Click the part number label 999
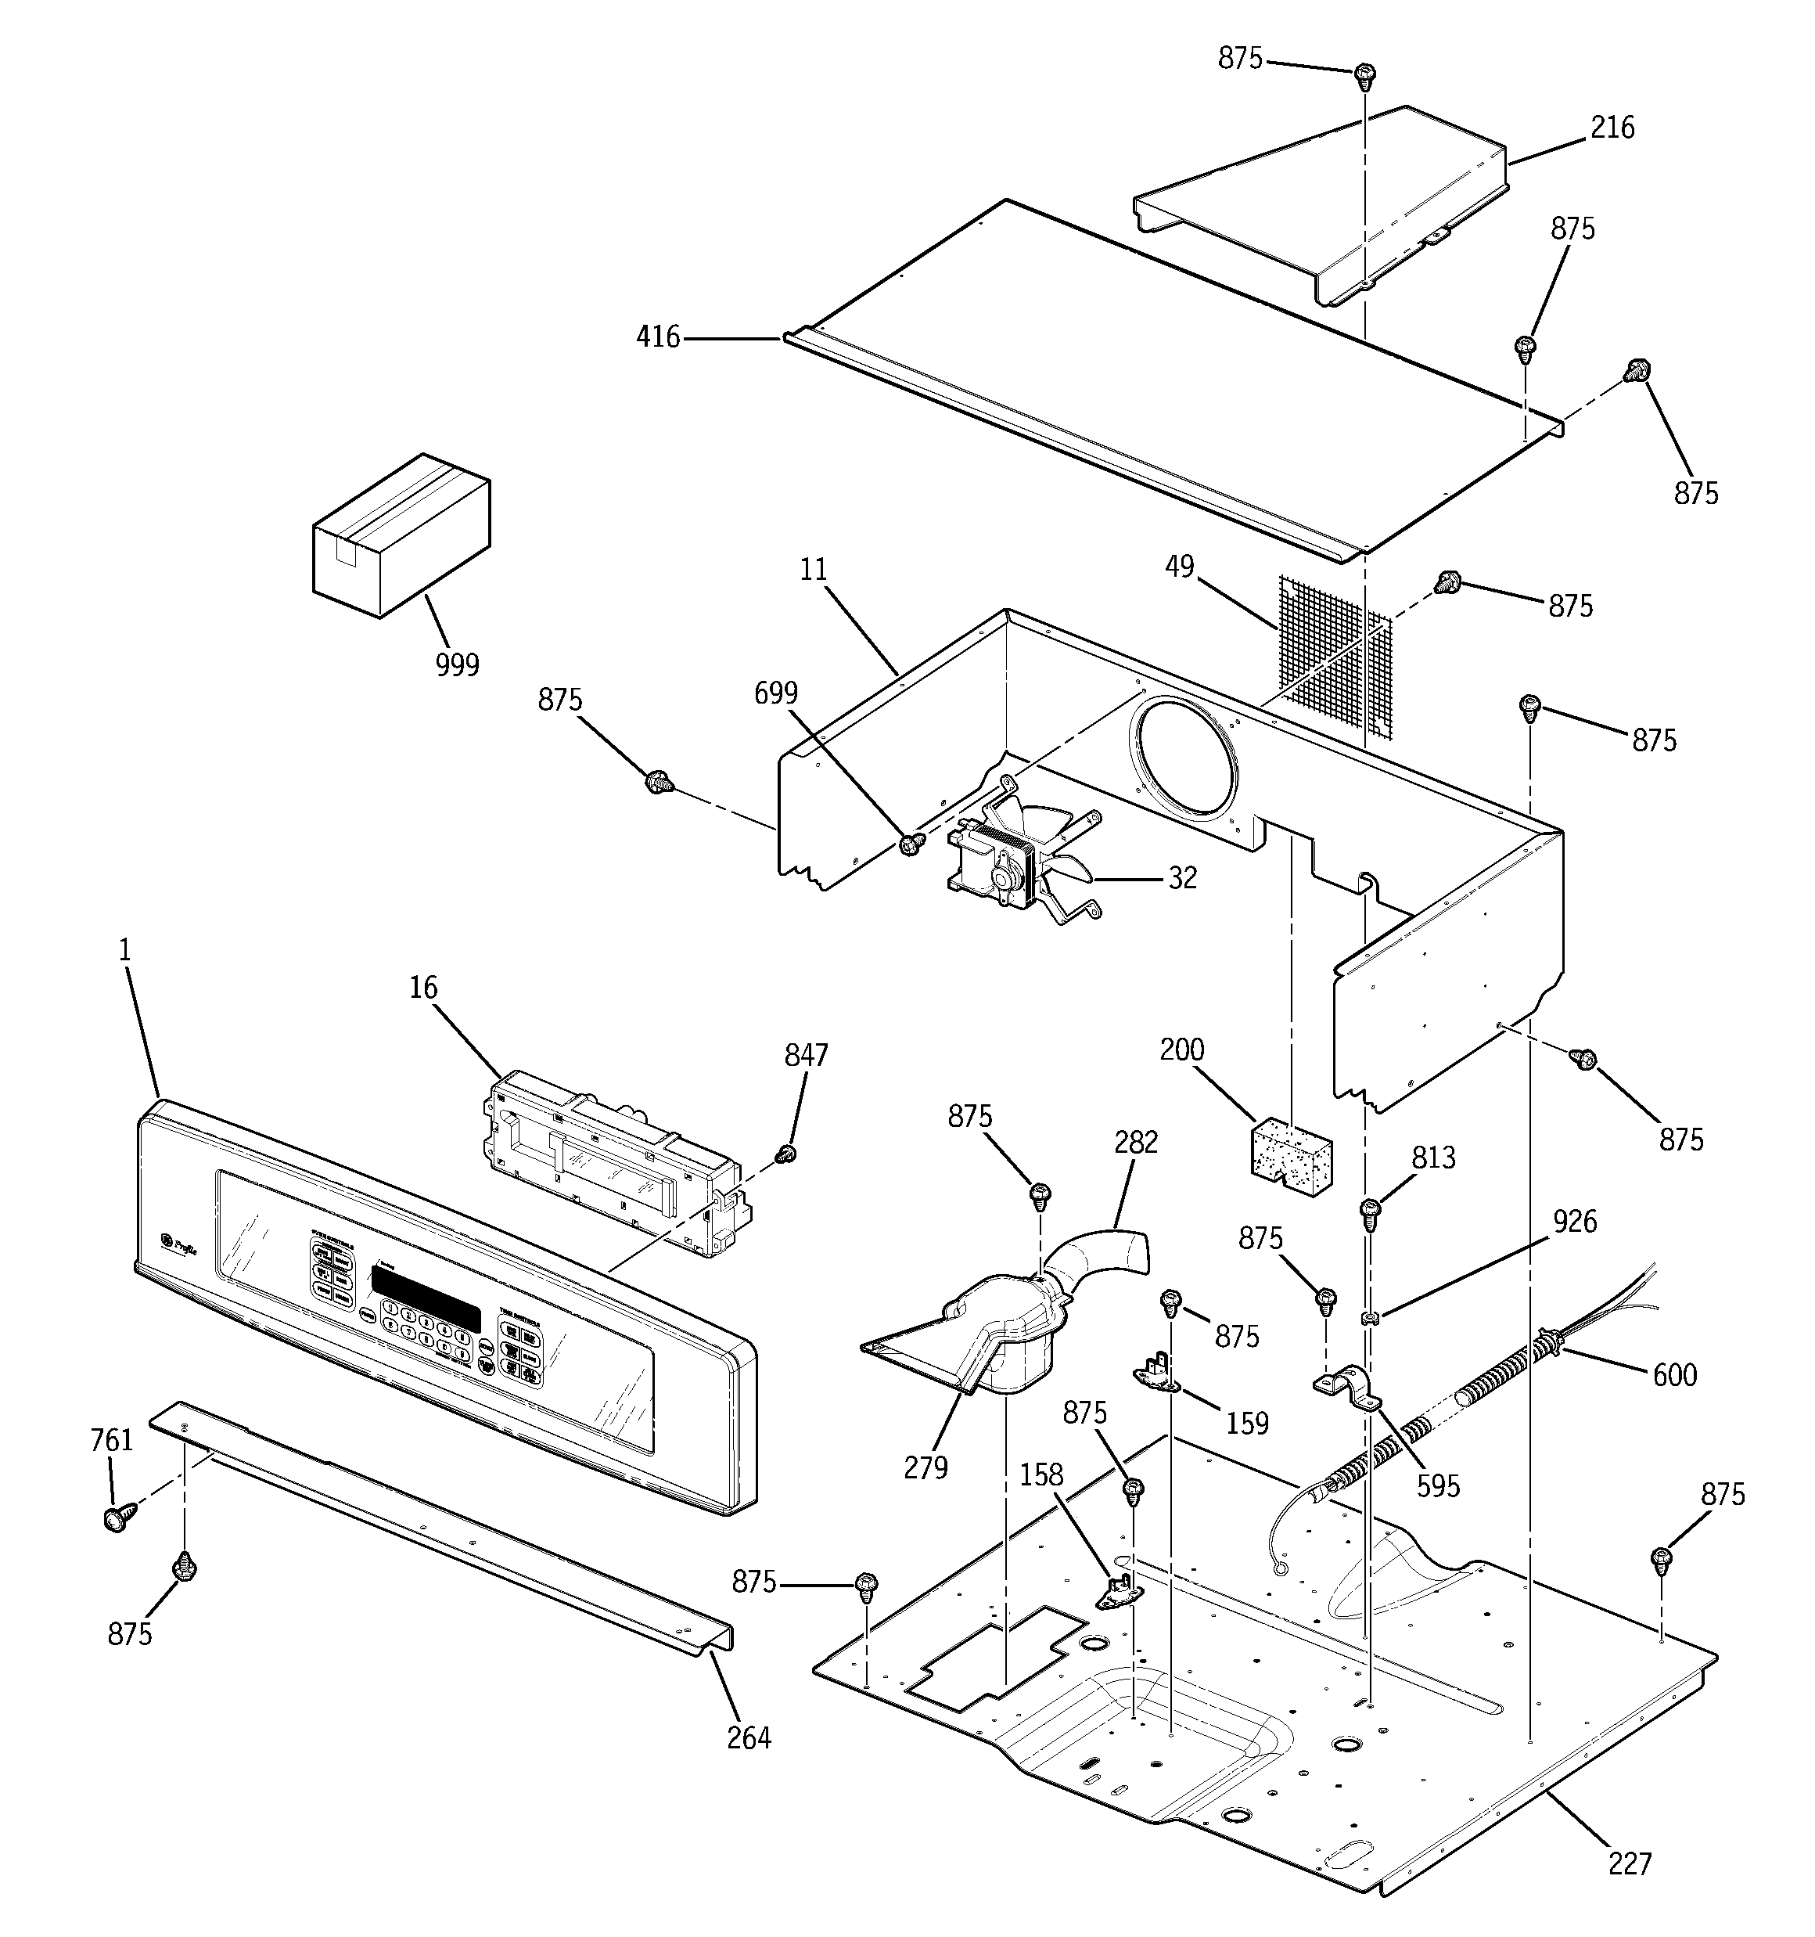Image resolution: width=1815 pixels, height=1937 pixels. tap(457, 665)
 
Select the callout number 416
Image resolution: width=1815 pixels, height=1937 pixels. tap(658, 337)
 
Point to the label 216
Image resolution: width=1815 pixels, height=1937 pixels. tap(1612, 128)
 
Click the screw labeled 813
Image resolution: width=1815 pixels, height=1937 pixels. tap(1370, 1211)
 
